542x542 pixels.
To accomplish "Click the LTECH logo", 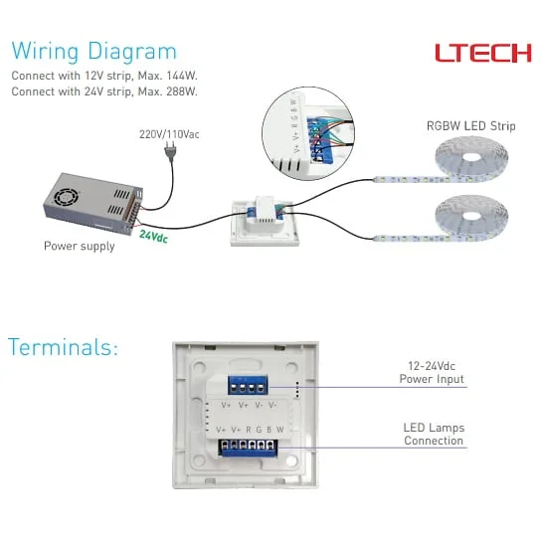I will click(x=482, y=53).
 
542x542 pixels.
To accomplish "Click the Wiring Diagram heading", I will click(x=94, y=52).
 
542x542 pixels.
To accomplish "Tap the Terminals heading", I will click(x=63, y=347).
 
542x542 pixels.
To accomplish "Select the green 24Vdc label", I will click(x=153, y=237).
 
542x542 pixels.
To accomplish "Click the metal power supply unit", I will click(x=86, y=204).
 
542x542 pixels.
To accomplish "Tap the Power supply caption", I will click(x=79, y=246).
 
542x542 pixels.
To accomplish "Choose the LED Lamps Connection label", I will click(x=434, y=434).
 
